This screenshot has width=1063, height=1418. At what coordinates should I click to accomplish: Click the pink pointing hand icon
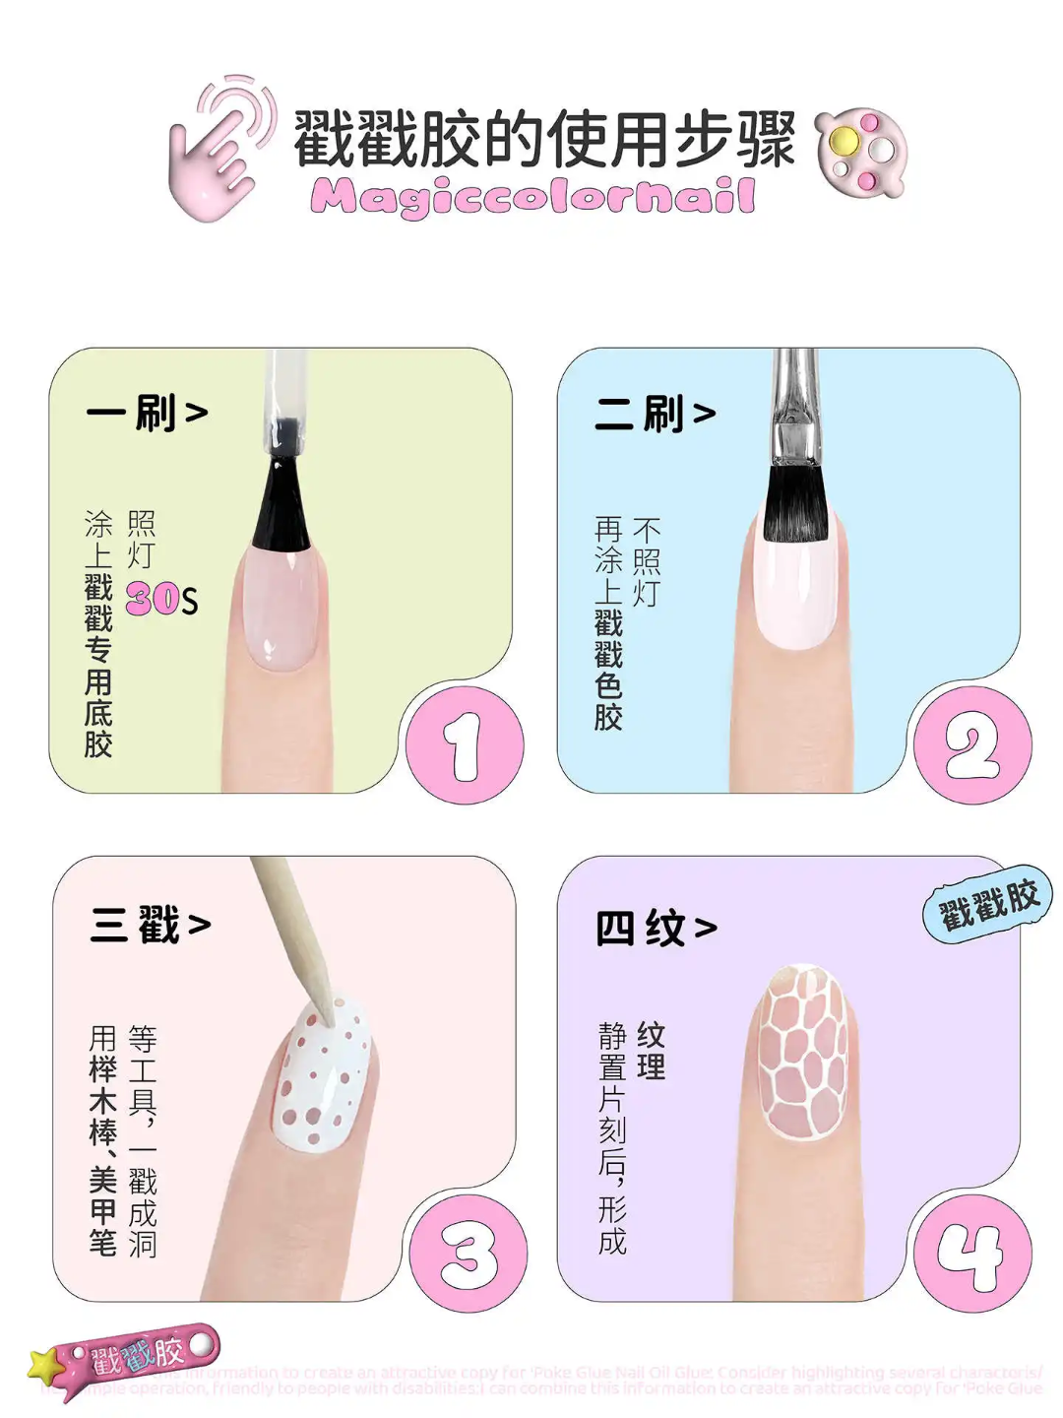coord(219,148)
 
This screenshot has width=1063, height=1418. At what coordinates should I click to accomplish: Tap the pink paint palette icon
coord(860,152)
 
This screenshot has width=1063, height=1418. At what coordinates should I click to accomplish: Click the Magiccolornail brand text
coord(532,196)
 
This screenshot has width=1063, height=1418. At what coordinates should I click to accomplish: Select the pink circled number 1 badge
coord(464,745)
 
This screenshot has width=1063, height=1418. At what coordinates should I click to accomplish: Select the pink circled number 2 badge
coord(972,745)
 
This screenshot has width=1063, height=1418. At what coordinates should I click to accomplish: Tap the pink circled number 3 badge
coord(468,1255)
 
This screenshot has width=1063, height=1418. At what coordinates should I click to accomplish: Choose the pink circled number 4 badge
coord(972,1255)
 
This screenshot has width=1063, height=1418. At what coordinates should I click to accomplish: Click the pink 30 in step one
coord(153,599)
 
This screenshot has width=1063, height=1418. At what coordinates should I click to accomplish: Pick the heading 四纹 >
coord(657,928)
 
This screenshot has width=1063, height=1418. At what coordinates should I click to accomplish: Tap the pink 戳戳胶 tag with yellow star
coord(128,1359)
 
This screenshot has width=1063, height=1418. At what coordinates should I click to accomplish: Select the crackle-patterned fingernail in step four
coord(804,1054)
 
